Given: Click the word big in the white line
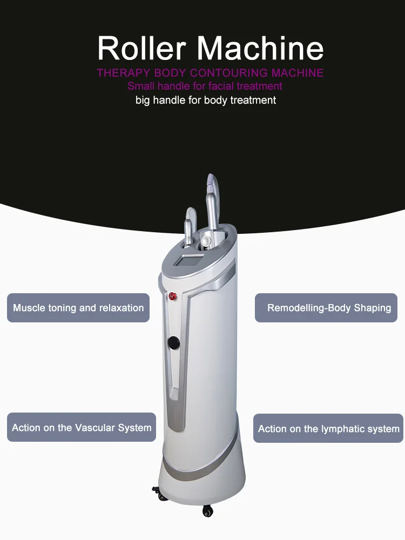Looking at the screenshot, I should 144,100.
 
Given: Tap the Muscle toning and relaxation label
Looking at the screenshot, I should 78,308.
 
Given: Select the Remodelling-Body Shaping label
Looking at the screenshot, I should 329,308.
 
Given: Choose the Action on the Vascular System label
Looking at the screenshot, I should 82,428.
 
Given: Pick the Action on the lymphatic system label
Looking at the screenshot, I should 328,429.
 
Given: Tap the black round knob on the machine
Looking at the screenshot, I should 173,342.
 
